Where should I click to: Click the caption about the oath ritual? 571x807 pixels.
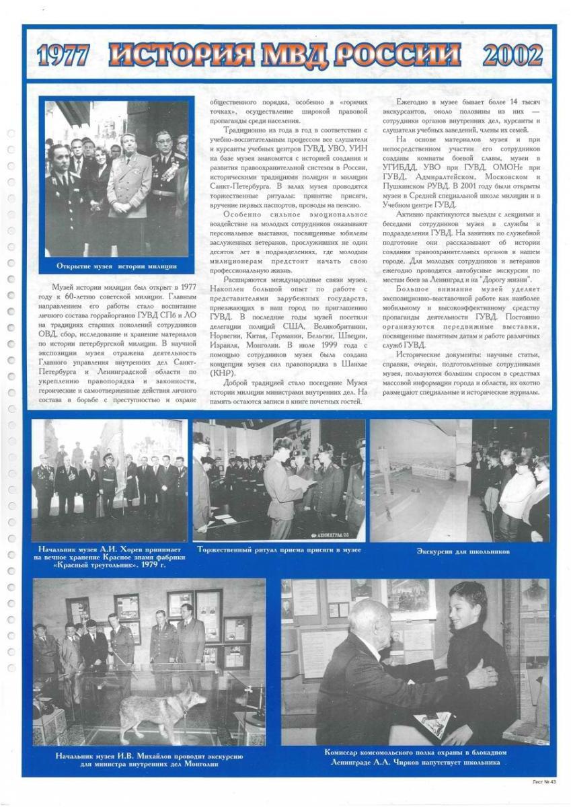point(279,549)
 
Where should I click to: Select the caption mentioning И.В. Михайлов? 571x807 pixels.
point(149,761)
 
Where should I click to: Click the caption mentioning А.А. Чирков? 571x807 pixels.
point(415,757)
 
